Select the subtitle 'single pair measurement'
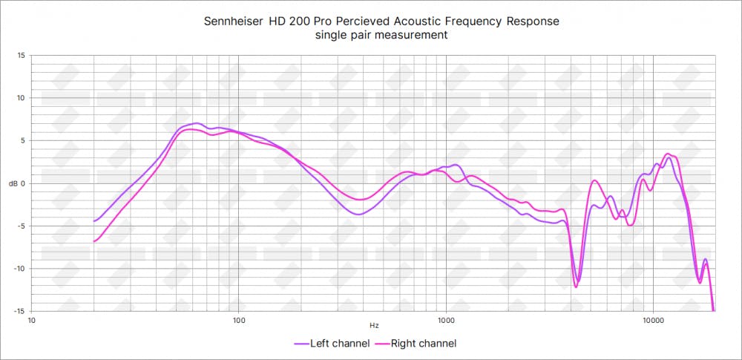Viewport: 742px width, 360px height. coord(381,36)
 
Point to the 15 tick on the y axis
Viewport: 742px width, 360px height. coord(21,55)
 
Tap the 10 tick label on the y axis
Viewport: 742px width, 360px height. coord(21,98)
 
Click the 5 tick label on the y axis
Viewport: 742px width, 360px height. coord(22,140)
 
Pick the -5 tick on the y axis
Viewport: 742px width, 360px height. coord(21,226)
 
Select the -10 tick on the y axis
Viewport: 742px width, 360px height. coord(19,269)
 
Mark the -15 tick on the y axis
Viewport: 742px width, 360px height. coord(19,311)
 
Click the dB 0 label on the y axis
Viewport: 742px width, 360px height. coord(18,183)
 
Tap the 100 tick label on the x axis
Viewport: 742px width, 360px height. coord(239,321)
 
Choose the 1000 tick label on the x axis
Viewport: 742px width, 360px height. coord(445,321)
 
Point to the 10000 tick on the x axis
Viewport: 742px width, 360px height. coord(653,321)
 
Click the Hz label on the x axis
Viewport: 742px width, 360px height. coord(373,325)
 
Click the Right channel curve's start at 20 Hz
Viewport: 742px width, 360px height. coord(94,241)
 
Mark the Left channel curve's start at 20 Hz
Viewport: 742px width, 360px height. coord(94,221)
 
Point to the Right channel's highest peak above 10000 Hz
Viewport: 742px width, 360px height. coord(669,154)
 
